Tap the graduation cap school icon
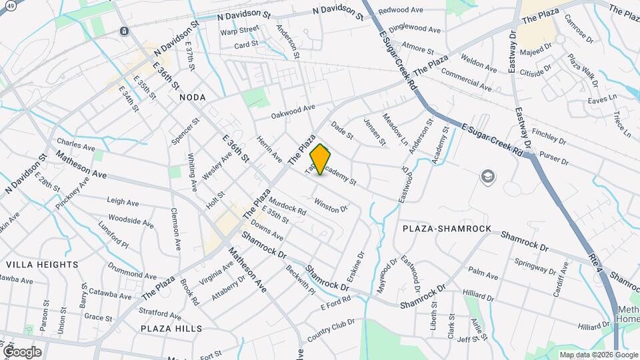(x=489, y=176)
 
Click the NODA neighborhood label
(x=193, y=97)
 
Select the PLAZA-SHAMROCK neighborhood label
(x=447, y=229)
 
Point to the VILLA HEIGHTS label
(x=41, y=265)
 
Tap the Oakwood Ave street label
(x=293, y=111)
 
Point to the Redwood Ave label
(x=401, y=11)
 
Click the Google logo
(x=22, y=351)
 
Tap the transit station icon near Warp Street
(x=124, y=31)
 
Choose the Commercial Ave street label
(x=466, y=81)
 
